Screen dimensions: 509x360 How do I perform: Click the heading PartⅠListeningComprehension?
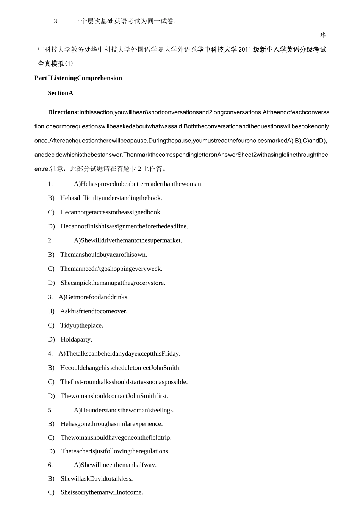pyautogui.click(x=78, y=78)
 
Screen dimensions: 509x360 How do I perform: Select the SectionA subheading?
pyautogui.click(x=60, y=93)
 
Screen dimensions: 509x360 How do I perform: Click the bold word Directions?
pyautogui.click(x=63, y=112)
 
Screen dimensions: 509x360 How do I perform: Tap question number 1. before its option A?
pyautogui.click(x=50, y=184)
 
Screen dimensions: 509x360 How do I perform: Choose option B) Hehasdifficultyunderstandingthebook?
pyautogui.click(x=111, y=198)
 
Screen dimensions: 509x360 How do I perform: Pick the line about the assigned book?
pyautogui.click(x=111, y=212)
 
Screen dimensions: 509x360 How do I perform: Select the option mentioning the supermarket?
pyautogui.click(x=128, y=240)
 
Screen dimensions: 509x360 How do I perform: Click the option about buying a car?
pyautogui.click(x=103, y=255)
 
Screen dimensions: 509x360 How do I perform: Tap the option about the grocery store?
pyautogui.click(x=113, y=283)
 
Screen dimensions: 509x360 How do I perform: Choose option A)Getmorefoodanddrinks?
pyautogui.click(x=94, y=297)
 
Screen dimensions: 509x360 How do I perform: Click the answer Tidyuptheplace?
pyautogui.click(x=81, y=326)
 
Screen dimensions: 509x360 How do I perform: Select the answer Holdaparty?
pyautogui.click(x=76, y=340)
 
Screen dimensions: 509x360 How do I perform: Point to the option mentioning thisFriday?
pyautogui.click(x=119, y=354)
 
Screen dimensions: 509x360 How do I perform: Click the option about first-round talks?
pyautogui.click(x=124, y=382)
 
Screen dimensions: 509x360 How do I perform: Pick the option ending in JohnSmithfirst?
pyautogui.click(x=114, y=396)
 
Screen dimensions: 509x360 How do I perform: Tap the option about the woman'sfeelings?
pyautogui.click(x=124, y=410)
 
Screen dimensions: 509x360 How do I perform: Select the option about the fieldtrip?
pyautogui.click(x=116, y=438)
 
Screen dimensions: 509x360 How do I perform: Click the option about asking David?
pyautogui.click(x=96, y=479)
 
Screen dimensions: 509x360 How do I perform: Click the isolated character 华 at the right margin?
pyautogui.click(x=323, y=35)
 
